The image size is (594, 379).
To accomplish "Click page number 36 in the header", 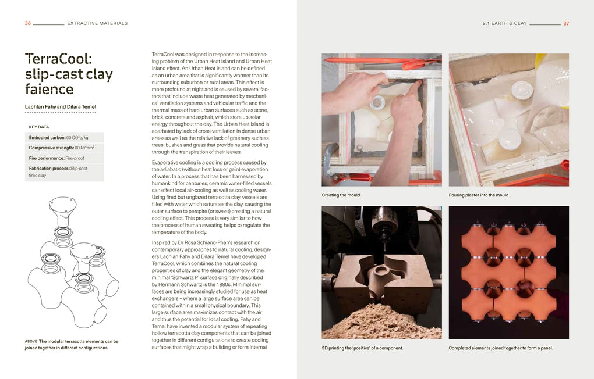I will point(28,23).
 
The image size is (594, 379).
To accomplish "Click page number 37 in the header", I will point(566,23).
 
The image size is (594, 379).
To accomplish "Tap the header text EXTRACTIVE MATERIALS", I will point(97,23).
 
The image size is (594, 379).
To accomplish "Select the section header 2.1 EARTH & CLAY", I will point(504,23).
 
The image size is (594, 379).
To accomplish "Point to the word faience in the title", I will point(49,90).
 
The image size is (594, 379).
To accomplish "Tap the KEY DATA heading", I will point(39,127).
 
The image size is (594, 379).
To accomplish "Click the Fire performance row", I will point(56,158).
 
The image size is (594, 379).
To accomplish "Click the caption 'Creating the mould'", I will point(341,195).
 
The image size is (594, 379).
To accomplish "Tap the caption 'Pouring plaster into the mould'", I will point(479,195).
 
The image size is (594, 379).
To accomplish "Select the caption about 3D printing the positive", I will point(362,348).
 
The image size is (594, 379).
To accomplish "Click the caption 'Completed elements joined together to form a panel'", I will point(501,348).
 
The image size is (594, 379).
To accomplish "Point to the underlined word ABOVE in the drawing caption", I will point(31,341).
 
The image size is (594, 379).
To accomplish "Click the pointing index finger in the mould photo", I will point(414,88).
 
